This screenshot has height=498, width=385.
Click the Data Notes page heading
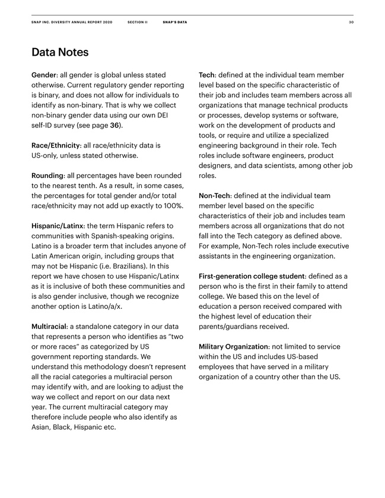(x=60, y=53)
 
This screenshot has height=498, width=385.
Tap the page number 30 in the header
(x=351, y=22)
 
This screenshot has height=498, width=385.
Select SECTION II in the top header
(x=137, y=22)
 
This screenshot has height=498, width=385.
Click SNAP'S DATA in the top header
(x=174, y=22)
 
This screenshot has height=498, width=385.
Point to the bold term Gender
(x=44, y=75)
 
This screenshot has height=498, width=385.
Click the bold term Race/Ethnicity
(x=56, y=145)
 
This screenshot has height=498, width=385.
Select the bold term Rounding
(x=47, y=175)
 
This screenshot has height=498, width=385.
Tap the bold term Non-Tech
(x=214, y=196)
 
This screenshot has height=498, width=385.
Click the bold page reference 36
(x=115, y=126)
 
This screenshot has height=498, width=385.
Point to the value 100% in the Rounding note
(x=172, y=206)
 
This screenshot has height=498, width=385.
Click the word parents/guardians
(x=228, y=327)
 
